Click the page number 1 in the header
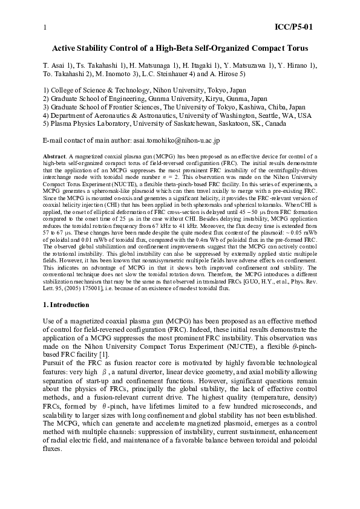[45, 27]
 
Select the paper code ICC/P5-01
[293, 27]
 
